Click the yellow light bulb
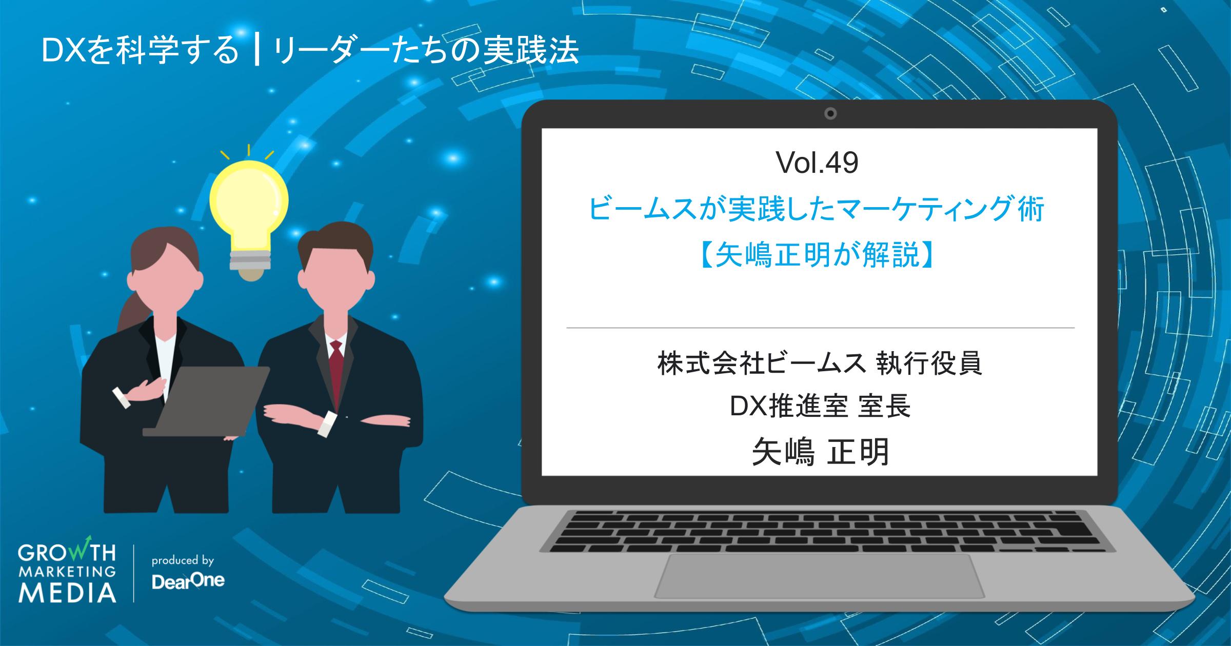coord(249,205)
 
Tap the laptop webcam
coord(830,113)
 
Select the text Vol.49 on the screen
coord(818,164)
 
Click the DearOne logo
coord(188,581)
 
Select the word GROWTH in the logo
coord(67,554)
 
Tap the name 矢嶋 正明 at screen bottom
coord(820,453)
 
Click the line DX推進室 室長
coord(820,406)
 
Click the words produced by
coord(183,560)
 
